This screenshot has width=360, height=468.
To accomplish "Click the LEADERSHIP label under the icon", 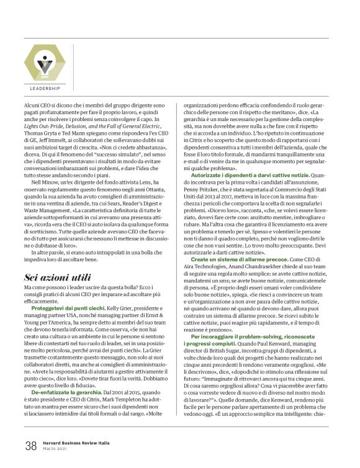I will pyautogui.click(x=44, y=89).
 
